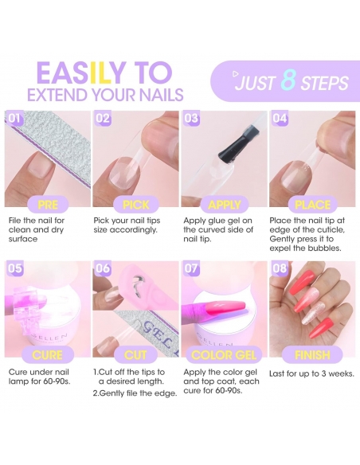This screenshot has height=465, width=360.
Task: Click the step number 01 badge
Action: (x=14, y=119)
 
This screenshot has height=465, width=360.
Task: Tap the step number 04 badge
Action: (x=280, y=119)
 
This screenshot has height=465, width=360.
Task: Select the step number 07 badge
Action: (x=191, y=268)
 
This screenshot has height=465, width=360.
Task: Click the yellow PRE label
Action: (x=48, y=205)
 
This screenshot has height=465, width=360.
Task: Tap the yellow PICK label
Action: (x=136, y=205)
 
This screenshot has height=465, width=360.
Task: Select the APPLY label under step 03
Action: (x=225, y=205)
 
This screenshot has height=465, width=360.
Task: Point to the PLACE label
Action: (x=312, y=205)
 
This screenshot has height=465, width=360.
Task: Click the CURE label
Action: (x=48, y=355)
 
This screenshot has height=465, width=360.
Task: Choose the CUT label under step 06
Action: (x=135, y=355)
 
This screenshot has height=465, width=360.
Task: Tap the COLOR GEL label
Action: (x=224, y=355)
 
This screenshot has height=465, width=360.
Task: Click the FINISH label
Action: (x=312, y=354)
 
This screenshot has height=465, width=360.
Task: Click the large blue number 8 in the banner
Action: (x=288, y=80)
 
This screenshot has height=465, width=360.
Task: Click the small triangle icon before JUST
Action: (x=236, y=74)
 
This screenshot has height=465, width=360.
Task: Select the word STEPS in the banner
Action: (x=325, y=83)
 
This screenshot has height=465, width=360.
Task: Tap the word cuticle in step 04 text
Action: (x=330, y=230)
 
